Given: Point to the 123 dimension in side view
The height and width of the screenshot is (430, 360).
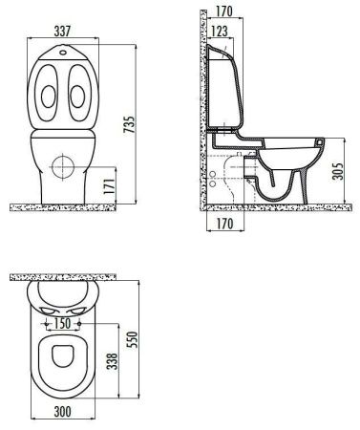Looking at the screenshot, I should tap(222, 33).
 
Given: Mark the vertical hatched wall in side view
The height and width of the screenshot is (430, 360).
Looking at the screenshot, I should tap(202, 105).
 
